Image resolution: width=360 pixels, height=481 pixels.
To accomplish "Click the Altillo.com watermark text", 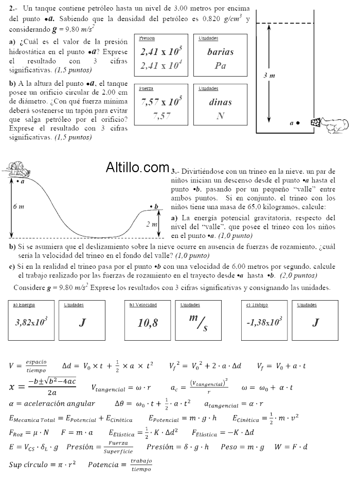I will pos(137,167).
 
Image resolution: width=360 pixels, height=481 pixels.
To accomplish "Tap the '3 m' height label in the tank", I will pos(269,76).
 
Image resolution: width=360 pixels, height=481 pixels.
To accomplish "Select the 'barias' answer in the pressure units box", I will pos(220,52).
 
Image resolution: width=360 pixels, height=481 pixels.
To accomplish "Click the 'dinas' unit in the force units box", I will pos(220,102).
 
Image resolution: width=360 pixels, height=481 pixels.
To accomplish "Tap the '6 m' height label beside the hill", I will pos(18,207).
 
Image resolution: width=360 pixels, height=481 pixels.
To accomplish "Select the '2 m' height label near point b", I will pos(152,225).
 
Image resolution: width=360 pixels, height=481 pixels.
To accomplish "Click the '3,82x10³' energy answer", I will pos(31,323).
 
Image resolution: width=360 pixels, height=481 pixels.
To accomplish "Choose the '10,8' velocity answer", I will pos(148,323).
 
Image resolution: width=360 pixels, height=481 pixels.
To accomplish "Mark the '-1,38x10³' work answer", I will pos(264,323).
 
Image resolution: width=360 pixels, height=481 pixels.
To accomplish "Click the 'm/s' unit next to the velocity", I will pos(198,323).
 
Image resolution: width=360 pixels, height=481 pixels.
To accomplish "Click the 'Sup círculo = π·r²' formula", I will pos(43,465).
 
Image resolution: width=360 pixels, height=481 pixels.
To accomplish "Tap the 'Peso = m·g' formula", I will pos(242,447).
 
